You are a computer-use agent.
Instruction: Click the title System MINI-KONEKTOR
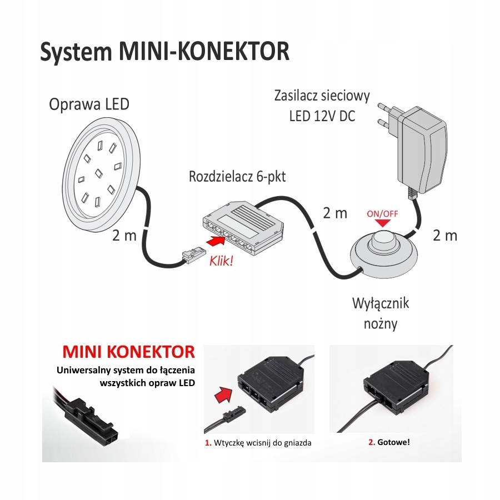click(165, 51)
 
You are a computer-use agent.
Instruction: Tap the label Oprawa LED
click(89, 104)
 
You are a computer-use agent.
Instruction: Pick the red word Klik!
click(221, 261)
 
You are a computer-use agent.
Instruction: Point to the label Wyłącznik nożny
click(381, 313)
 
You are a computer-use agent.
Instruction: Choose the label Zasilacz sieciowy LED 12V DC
click(322, 106)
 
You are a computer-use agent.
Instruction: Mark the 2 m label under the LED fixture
click(124, 235)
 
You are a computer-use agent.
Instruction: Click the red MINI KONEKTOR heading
click(128, 352)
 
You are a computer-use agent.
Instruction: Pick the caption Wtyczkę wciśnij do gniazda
click(258, 443)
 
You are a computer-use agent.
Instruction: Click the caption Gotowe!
click(389, 443)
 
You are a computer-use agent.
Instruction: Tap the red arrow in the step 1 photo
click(222, 397)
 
